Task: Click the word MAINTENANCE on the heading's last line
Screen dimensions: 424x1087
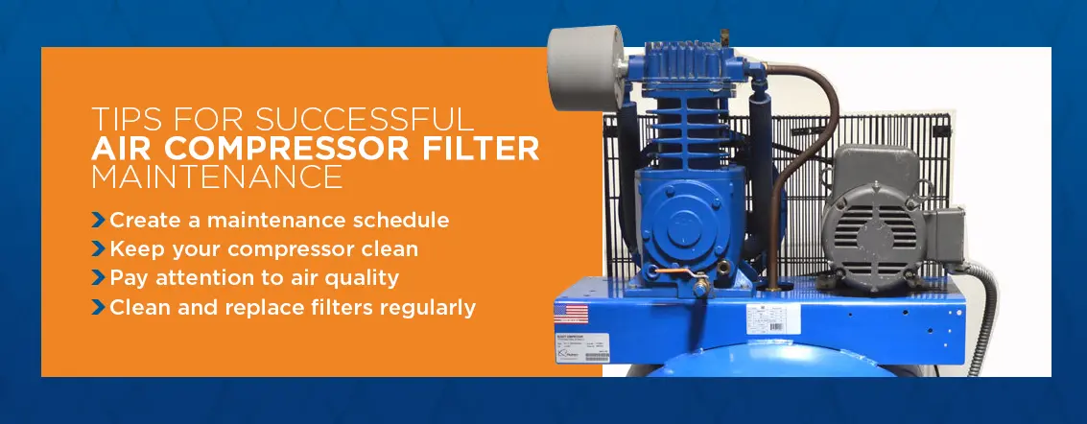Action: pyautogui.click(x=216, y=177)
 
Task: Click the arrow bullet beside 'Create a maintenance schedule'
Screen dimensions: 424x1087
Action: pyautogui.click(x=98, y=220)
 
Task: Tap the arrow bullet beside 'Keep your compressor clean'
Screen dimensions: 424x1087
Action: pyautogui.click(x=98, y=249)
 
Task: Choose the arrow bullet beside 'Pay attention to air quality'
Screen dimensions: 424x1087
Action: pyautogui.click(x=98, y=278)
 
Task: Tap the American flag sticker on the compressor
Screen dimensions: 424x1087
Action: pyautogui.click(x=572, y=314)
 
